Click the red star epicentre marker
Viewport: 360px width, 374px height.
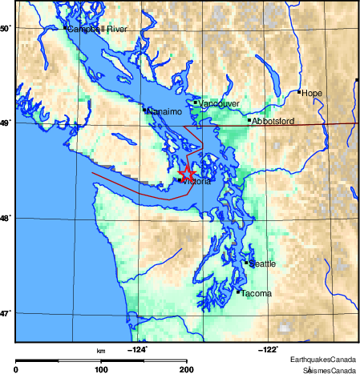186,172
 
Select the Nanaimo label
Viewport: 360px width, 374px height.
163,111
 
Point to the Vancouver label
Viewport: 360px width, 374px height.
214,103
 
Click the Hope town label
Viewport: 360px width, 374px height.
312,93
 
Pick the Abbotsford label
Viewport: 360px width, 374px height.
273,121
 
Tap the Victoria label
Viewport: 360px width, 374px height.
197,182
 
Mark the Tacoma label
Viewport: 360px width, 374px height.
257,293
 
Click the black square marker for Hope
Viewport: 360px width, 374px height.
299,92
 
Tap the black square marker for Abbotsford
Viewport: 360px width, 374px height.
249,120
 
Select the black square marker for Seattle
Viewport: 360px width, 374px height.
246,262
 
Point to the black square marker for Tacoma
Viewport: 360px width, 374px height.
239,292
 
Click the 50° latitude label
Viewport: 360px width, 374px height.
5,28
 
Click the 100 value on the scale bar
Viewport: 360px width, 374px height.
101,369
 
